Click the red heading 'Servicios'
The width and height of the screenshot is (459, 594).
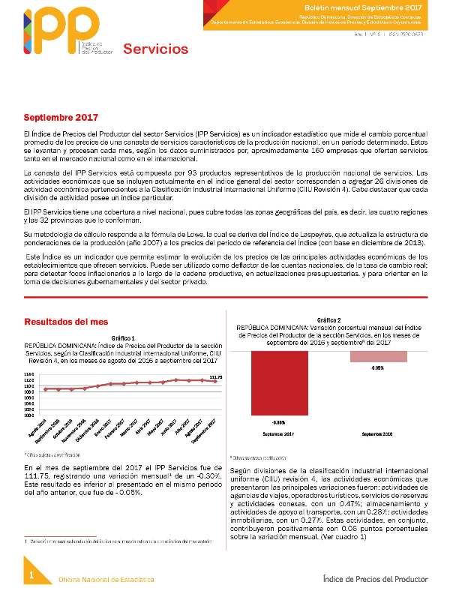(155, 49)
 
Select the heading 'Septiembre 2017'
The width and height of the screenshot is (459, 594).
(61, 118)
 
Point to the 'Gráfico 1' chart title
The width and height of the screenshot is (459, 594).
(122, 337)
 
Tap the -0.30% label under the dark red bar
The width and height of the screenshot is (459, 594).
(278, 423)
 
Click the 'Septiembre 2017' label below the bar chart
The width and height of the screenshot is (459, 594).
(278, 434)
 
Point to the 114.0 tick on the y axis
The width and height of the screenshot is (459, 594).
(28, 373)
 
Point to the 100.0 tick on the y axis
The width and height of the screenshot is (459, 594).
(28, 415)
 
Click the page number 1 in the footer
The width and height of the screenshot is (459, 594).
(32, 574)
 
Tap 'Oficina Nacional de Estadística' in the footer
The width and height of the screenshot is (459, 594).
(107, 580)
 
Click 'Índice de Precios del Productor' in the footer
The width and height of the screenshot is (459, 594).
(375, 579)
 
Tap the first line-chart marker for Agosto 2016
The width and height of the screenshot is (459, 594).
(46, 389)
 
